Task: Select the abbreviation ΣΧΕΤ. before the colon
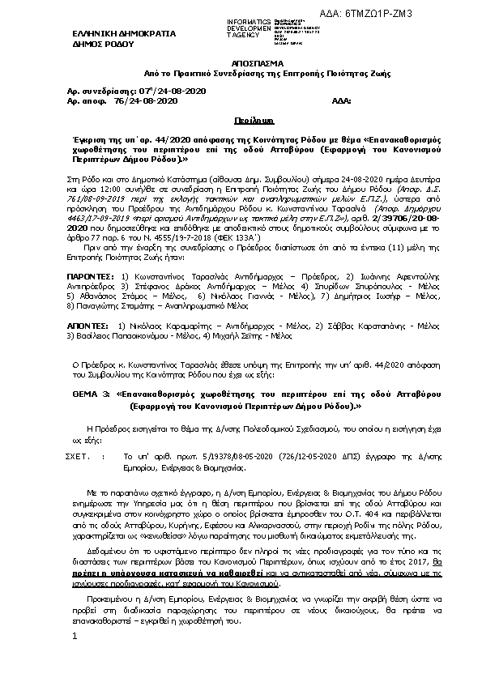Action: pyautogui.click(x=77, y=457)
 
